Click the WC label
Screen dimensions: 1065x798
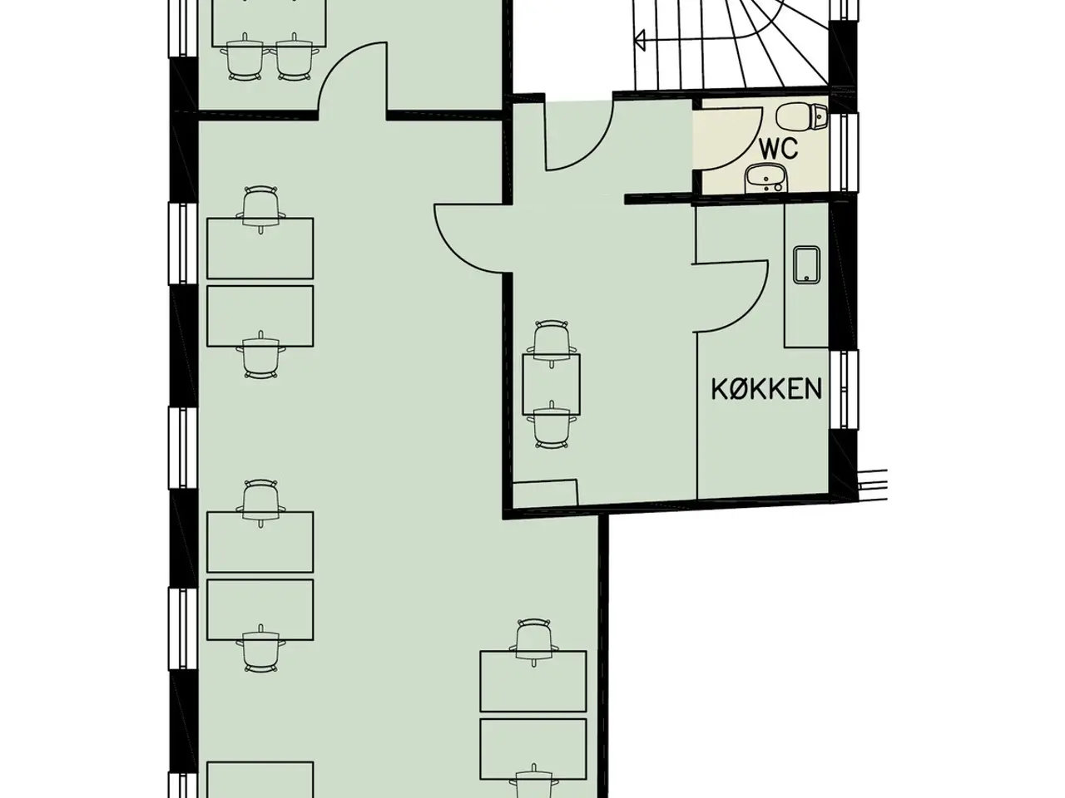[x=778, y=149]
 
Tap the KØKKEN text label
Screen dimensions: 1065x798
[x=766, y=389]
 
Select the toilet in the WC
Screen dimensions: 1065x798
[x=802, y=116]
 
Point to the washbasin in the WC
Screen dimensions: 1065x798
[x=766, y=178]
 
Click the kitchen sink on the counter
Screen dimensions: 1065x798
[x=806, y=265]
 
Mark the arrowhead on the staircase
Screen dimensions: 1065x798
[x=640, y=40]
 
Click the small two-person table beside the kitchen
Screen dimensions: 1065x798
[x=551, y=384]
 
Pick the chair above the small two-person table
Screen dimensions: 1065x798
[x=552, y=341]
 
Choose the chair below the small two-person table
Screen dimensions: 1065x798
[x=552, y=426]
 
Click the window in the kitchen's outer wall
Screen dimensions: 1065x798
[x=844, y=390]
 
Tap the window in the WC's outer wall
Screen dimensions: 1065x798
[x=844, y=152]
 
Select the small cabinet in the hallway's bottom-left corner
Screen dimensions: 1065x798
[x=545, y=494]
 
